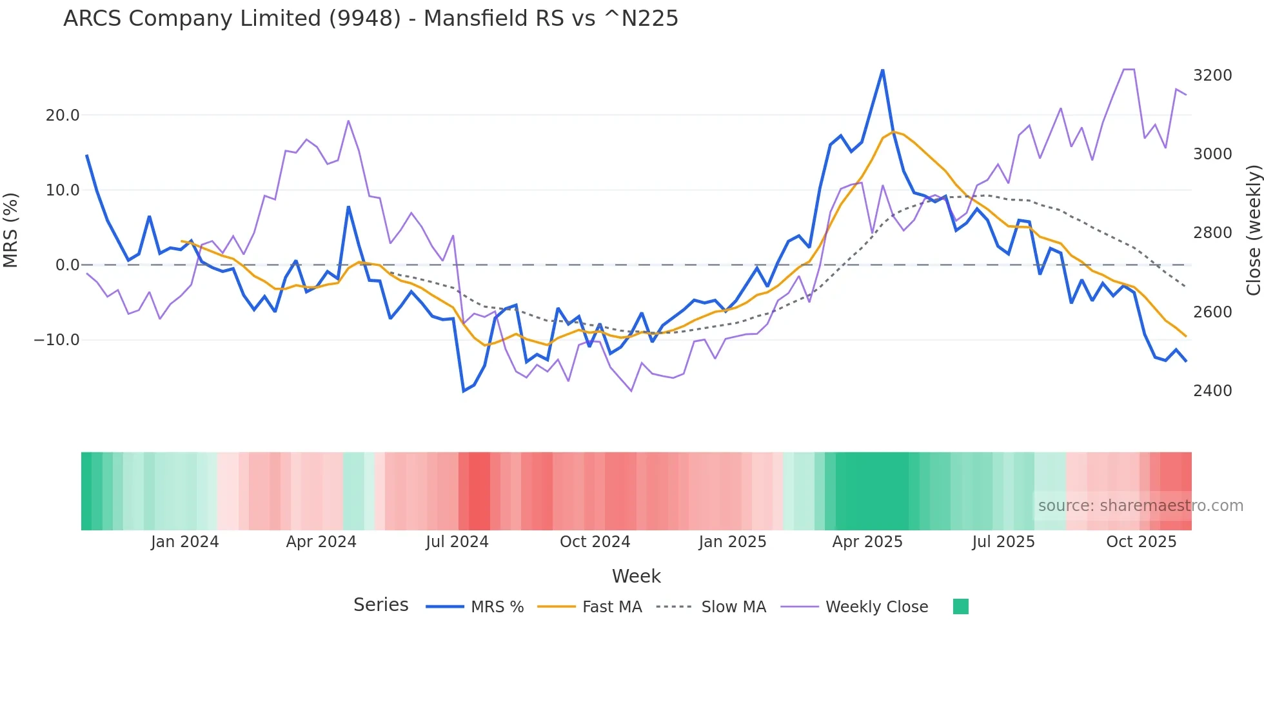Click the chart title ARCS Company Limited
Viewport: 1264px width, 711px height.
pos(370,19)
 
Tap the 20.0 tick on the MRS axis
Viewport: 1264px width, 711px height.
pos(62,115)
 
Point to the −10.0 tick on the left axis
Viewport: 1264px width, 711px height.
pos(57,340)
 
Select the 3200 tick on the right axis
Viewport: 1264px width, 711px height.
pos(1212,75)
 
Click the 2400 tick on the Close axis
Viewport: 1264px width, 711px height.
pos(1212,391)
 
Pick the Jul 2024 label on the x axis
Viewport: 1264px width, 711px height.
pos(457,542)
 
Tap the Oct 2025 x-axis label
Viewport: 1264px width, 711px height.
pos(1141,542)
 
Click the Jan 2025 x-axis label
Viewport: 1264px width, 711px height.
pos(732,542)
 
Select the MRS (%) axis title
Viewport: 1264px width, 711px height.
pos(11,230)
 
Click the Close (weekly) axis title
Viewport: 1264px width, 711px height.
pos(1253,230)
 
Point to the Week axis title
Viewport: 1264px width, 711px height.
pos(636,576)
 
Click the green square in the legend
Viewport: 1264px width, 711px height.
pos(960,606)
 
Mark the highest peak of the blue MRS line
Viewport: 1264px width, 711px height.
pos(882,70)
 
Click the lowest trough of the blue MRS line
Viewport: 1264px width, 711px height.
pos(463,391)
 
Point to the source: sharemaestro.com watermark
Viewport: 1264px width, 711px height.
pos(1140,506)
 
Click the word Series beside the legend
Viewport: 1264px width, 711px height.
pos(380,605)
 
